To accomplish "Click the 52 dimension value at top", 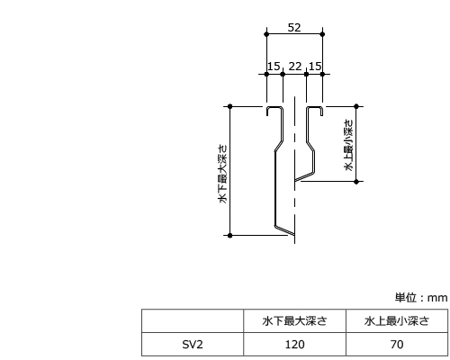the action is [x=294, y=28].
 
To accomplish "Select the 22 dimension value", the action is [x=295, y=67].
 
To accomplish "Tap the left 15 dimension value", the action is [x=274, y=67].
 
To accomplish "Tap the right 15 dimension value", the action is [x=315, y=67].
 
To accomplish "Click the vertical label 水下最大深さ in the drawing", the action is [x=223, y=175].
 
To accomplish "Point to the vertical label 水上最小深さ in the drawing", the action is [x=349, y=145].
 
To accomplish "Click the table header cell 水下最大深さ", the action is [x=294, y=321].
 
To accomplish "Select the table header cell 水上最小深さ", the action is [x=397, y=321].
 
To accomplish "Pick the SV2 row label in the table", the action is [x=193, y=345].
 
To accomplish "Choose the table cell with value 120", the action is [x=294, y=345].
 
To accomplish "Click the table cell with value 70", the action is [x=397, y=345].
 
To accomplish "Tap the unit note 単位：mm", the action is [x=421, y=298].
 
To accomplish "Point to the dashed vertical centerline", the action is [x=294, y=170].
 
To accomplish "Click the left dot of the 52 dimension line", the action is [x=266, y=34].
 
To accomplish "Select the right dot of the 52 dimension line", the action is [x=322, y=34].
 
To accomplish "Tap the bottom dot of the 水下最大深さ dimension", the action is [x=230, y=236].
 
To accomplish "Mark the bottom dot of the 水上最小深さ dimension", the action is [x=356, y=182].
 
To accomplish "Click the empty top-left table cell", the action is [x=193, y=321].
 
